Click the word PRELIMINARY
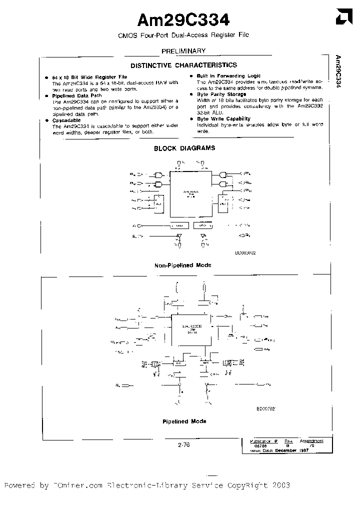[183, 51]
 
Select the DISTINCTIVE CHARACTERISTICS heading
[183, 65]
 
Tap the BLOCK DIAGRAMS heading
[184, 148]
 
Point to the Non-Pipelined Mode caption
[183, 265]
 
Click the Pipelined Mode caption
[184, 421]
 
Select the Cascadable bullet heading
[66, 120]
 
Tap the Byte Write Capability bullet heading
[220, 118]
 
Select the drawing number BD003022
[245, 253]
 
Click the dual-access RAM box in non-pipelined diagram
[191, 192]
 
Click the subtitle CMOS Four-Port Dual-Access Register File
[183, 35]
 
